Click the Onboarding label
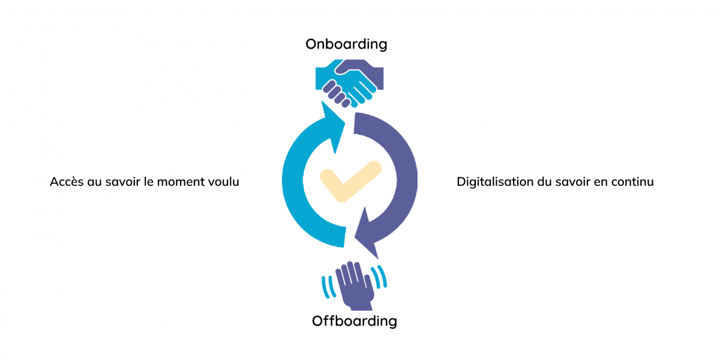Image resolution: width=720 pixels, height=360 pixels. [346, 44]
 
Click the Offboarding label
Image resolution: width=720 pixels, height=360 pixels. [354, 321]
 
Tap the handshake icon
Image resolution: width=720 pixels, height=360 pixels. [349, 83]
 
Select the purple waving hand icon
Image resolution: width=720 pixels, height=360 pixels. [355, 286]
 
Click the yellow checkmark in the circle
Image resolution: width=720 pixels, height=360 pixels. [350, 181]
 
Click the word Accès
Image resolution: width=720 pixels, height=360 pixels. [67, 182]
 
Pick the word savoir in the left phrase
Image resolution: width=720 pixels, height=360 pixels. [123, 182]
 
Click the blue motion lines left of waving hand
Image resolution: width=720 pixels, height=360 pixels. [329, 287]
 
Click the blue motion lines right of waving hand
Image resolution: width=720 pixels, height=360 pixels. [379, 277]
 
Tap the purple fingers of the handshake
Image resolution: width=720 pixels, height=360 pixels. [336, 94]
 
